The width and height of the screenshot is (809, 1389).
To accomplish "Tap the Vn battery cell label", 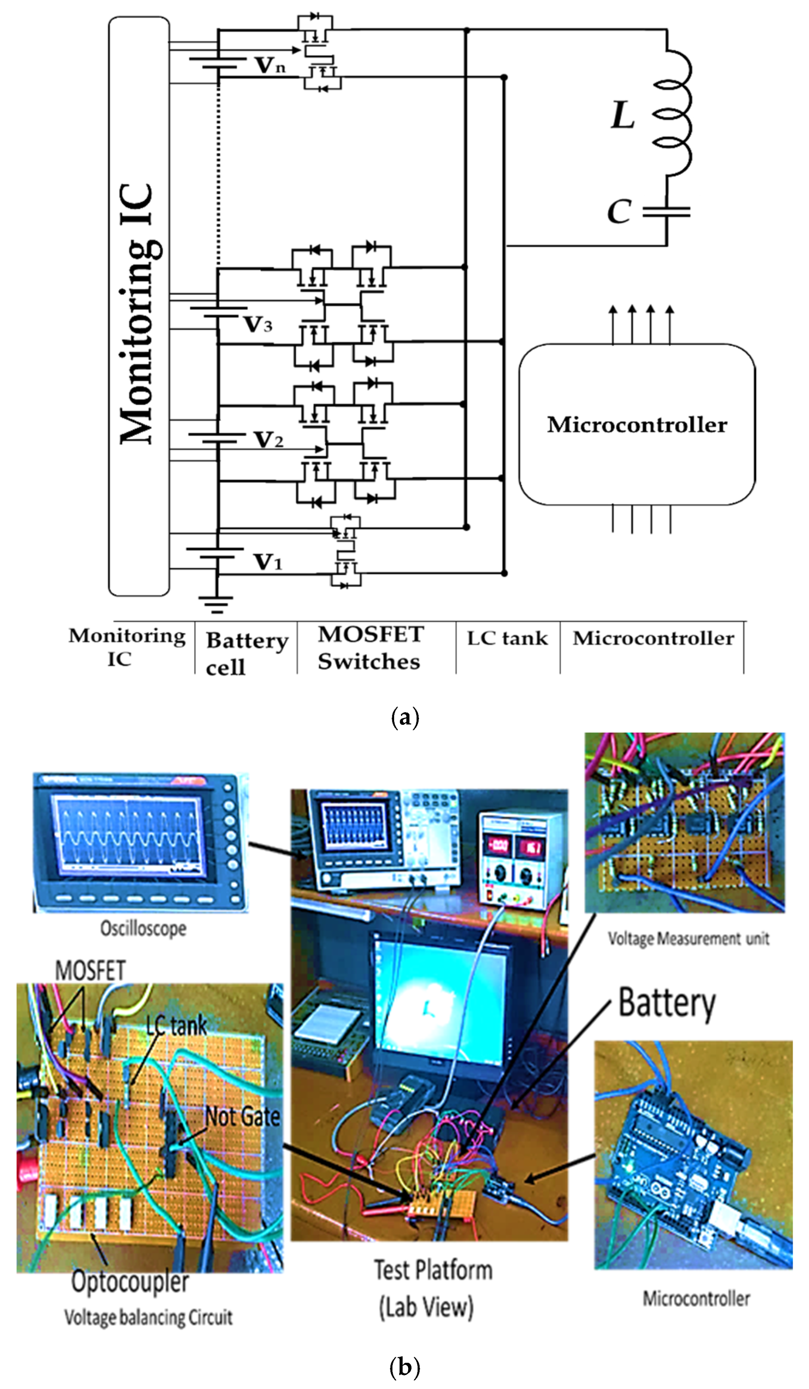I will coord(270,66).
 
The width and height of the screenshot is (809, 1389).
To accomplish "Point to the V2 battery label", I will coord(268,440).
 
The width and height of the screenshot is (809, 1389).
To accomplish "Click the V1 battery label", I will coord(268,562).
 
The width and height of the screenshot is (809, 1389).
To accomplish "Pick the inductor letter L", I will coord(623,116).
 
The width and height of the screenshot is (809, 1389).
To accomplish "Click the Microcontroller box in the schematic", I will coord(637,424).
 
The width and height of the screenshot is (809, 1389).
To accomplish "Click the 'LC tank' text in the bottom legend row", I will coord(507,638).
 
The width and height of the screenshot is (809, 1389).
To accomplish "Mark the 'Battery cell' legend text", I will coord(246,653).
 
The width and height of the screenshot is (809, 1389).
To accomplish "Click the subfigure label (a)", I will coord(405,717).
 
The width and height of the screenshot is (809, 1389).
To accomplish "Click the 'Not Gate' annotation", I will coord(242,1117).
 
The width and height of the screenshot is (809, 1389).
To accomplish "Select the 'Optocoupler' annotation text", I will coord(130,1282).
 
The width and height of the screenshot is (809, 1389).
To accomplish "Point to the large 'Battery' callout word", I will coord(667,1003).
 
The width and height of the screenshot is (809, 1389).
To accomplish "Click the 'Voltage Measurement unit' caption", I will coord(688,938).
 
